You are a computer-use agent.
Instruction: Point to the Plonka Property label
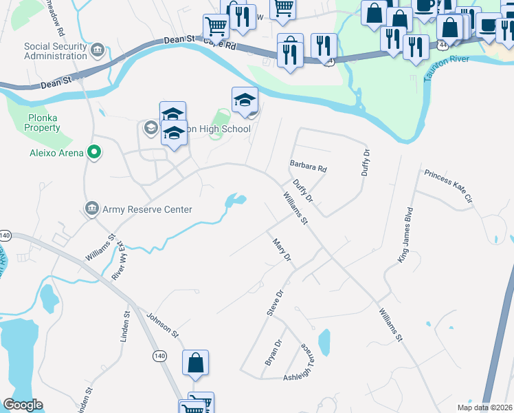point(43,123)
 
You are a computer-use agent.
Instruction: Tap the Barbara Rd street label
point(308,167)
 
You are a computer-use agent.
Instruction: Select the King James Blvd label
point(405,234)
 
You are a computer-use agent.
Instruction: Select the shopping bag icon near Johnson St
point(195,363)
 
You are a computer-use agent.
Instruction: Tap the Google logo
point(23,405)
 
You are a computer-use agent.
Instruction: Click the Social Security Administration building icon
point(97,50)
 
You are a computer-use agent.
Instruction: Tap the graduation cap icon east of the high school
point(245,100)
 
